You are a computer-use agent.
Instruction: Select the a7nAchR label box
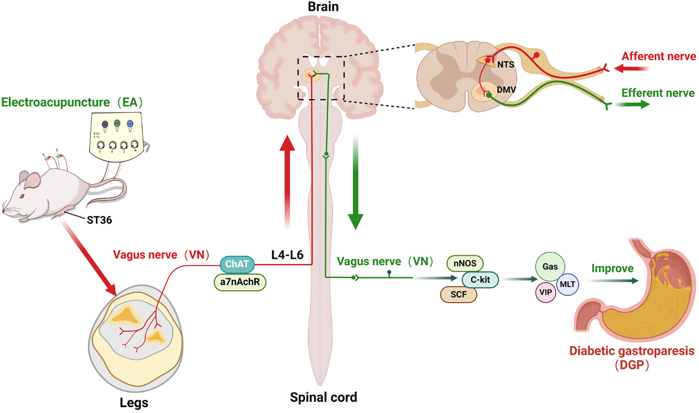coord(240,282)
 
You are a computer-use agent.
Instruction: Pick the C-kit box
coord(480,279)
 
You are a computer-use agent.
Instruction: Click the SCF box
coord(459,294)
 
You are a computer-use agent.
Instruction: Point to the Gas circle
coord(550,267)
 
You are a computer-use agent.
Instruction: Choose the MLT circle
coord(567,284)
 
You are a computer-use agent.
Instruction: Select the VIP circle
coord(545,292)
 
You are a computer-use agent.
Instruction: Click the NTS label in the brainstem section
coord(505,65)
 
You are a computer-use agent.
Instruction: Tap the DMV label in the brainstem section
coord(506,90)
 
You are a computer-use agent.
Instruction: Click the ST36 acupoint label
coord(99,220)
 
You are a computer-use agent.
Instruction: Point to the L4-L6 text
coord(287,255)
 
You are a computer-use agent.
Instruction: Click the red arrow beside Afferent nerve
coord(631,68)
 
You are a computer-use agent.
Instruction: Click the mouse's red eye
coord(22,196)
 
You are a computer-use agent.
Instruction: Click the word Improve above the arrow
coord(612,268)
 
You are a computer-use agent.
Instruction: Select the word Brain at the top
coord(323,7)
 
